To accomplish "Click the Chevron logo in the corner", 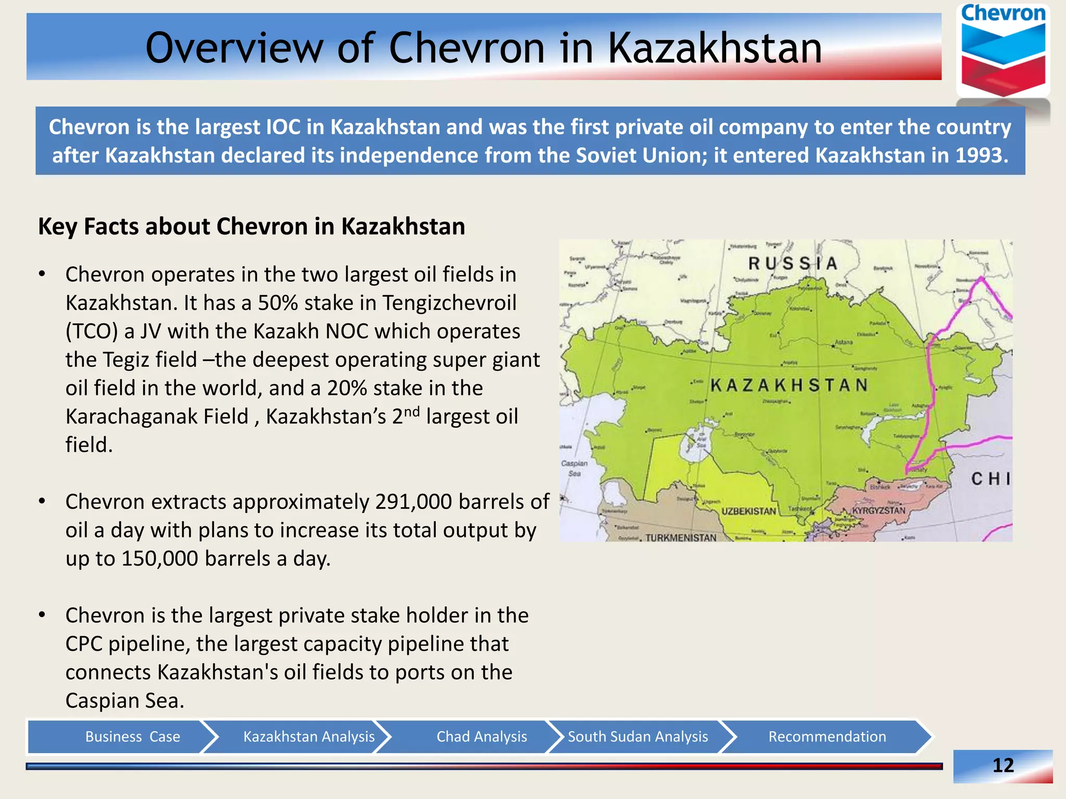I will point(1003,51).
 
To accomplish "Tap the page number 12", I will point(1003,765).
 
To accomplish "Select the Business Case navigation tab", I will point(132,737).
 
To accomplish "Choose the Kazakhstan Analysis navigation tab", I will point(309,737).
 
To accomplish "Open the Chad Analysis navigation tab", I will point(481,737).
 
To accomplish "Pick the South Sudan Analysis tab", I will point(638,737).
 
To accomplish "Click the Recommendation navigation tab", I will point(827,737).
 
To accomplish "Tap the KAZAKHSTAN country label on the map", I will point(789,385).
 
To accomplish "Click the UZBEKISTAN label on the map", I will point(748,511).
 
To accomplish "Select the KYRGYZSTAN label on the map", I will point(879,510).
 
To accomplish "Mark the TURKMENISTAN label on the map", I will point(681,537).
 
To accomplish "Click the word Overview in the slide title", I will point(234,48).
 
